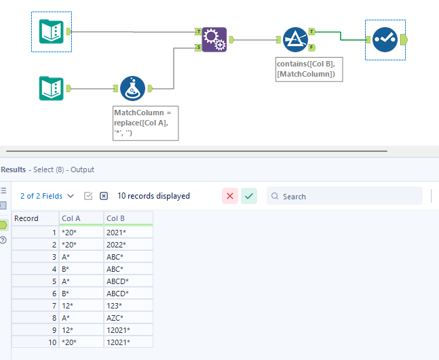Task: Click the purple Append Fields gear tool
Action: click(x=214, y=39)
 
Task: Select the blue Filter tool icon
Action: click(x=295, y=39)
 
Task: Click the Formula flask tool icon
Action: click(x=132, y=87)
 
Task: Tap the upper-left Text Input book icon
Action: click(x=52, y=31)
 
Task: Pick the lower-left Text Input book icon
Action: click(x=52, y=87)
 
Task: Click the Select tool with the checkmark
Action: click(x=385, y=39)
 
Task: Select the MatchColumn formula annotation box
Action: click(x=145, y=123)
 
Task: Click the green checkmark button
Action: click(x=250, y=196)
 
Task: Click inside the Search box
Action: click(x=349, y=196)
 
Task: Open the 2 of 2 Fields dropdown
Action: click(x=47, y=196)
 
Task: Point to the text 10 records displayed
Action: click(x=153, y=196)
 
